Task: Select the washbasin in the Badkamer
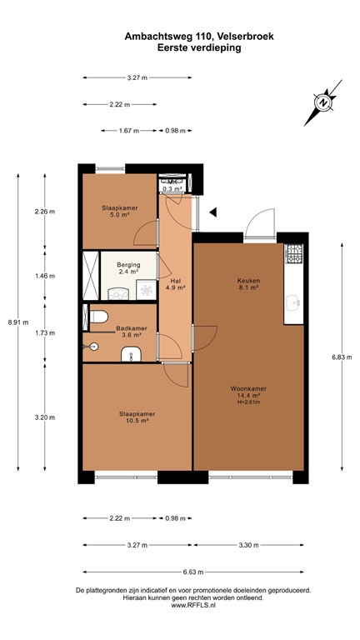[132, 356]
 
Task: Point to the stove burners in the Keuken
[294, 254]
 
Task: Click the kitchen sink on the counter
[294, 302]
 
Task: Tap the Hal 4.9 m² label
[175, 284]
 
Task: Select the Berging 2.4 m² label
[128, 267]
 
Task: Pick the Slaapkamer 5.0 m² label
[119, 211]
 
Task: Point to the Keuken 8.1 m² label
[248, 285]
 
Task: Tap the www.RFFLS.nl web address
[193, 606]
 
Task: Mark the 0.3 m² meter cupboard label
[172, 189]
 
